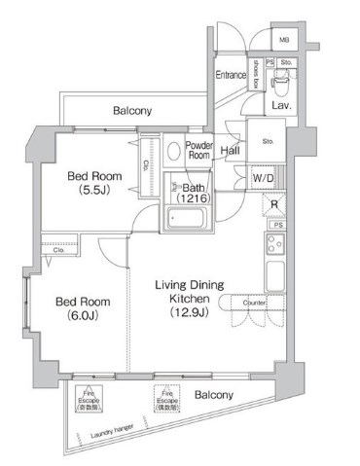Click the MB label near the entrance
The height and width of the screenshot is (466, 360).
click(x=284, y=41)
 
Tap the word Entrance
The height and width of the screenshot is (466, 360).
click(x=231, y=73)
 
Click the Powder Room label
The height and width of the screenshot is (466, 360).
click(x=199, y=149)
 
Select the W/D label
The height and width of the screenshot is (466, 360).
click(x=263, y=179)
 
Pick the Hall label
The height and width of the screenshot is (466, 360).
click(x=230, y=151)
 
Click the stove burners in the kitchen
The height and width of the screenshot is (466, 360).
click(x=273, y=243)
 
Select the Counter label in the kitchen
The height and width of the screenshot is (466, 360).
click(x=254, y=304)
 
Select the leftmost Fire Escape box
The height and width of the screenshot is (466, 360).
click(x=87, y=400)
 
